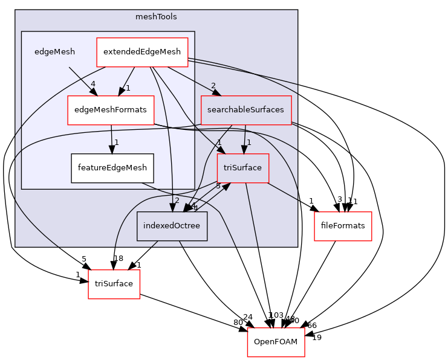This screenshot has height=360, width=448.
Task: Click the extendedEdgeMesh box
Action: coord(142,52)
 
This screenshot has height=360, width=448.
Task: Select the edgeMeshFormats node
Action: coord(111,110)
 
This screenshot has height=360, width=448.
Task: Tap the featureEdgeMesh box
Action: coord(112,169)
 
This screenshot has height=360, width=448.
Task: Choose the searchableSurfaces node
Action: coord(246,110)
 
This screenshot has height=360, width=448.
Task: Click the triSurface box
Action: coord(242,168)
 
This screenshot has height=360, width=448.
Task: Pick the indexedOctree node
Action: coord(172,226)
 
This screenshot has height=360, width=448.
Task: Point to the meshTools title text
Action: coord(156,16)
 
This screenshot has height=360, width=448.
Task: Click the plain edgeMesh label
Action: coord(54,52)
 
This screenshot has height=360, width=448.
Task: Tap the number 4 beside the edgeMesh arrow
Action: coord(93,84)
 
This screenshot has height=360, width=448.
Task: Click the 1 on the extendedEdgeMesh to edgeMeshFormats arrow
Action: coord(128,88)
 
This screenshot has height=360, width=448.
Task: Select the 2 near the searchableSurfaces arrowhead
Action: coord(213,85)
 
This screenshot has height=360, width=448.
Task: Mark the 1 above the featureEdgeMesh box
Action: coord(116,143)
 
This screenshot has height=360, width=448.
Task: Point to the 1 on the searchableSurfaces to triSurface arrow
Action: coord(248,143)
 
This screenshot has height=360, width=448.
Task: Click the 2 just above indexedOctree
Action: coord(177,201)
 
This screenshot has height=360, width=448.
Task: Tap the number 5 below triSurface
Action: coord(218,186)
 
